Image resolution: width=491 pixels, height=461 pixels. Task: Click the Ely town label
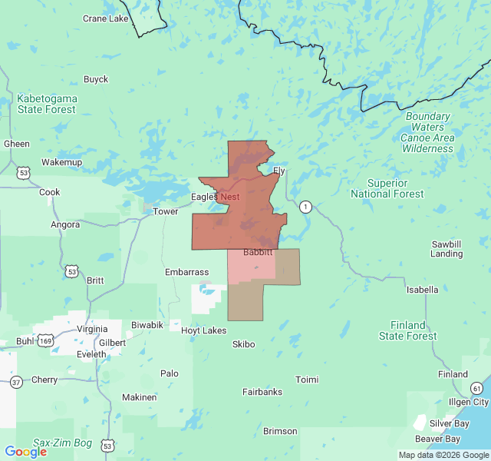click(x=279, y=171)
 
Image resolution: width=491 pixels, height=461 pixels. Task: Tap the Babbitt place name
click(x=258, y=252)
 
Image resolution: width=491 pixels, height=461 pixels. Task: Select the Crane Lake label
click(x=106, y=18)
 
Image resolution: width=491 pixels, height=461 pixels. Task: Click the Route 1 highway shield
click(x=306, y=207)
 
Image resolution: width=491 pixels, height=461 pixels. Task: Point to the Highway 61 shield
click(x=476, y=388)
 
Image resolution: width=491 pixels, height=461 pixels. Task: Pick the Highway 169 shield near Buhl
click(x=46, y=340)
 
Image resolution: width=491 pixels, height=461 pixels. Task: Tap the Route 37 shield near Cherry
click(x=17, y=380)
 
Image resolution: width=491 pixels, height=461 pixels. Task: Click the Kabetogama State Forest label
click(x=47, y=104)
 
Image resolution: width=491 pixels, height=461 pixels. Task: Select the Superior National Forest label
click(x=387, y=188)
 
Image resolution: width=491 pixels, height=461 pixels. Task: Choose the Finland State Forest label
click(x=408, y=330)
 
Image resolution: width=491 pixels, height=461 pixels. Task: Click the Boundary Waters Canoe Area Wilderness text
click(x=427, y=132)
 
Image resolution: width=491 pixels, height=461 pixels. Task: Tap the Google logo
click(x=25, y=452)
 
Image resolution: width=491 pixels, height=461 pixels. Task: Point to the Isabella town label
click(x=422, y=290)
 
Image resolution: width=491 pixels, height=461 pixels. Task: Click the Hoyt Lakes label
click(x=203, y=330)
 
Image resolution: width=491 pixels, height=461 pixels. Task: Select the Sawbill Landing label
click(x=447, y=248)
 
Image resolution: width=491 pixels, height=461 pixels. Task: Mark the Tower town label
click(x=165, y=211)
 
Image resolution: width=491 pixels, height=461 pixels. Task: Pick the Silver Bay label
click(x=450, y=423)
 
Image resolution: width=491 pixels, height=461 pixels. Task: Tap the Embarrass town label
click(x=186, y=272)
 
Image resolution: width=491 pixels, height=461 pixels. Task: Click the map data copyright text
click(x=443, y=455)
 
